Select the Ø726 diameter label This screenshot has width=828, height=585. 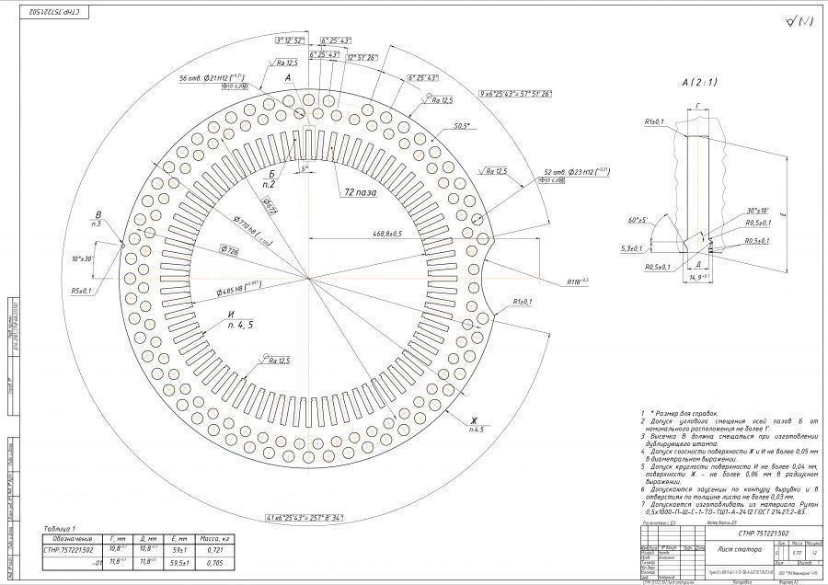tap(230, 250)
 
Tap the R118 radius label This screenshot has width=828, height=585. tap(578, 281)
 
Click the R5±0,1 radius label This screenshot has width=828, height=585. tap(82, 291)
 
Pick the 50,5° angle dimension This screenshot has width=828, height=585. tap(463, 125)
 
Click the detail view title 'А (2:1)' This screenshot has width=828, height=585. tap(699, 82)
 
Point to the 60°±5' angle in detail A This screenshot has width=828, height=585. tap(635, 221)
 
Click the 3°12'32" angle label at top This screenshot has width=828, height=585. tap(290, 41)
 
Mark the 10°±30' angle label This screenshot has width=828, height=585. tap(82, 258)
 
